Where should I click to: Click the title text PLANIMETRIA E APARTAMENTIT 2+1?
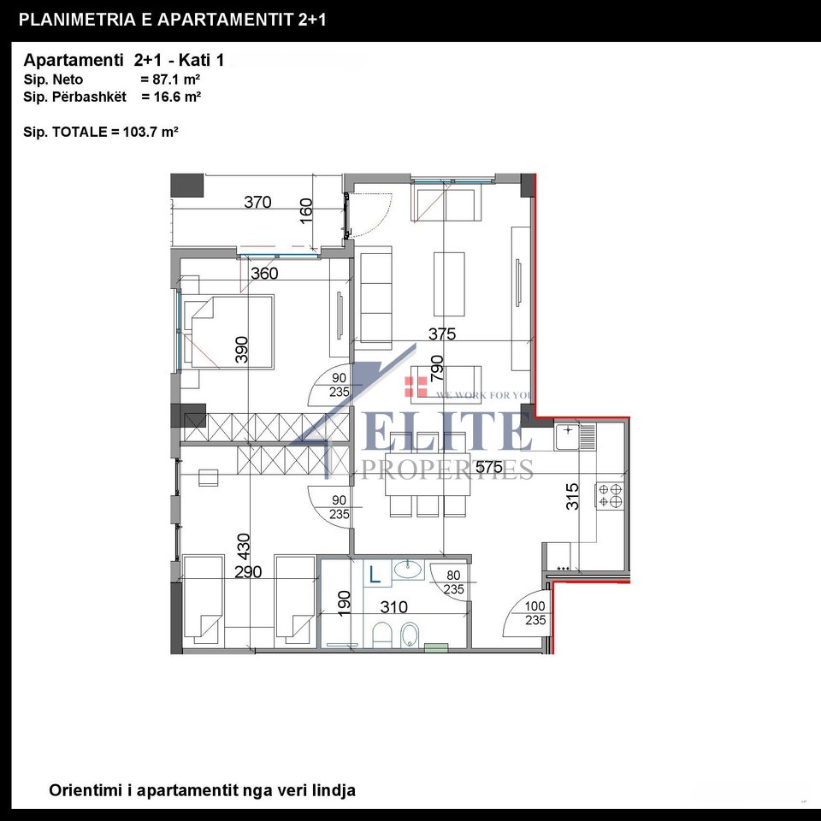(172, 19)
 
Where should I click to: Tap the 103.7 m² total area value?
(151, 132)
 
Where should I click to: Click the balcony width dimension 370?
(257, 203)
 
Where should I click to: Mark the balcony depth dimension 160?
(307, 210)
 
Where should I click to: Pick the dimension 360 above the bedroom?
(264, 274)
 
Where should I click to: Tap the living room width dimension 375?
(442, 334)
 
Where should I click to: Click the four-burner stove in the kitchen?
(610, 495)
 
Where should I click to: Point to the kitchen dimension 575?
(489, 468)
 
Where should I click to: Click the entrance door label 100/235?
(535, 613)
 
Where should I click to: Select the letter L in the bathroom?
(375, 576)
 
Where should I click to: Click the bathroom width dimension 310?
(393, 607)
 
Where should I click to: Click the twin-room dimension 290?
(248, 572)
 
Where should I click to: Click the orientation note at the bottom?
(202, 790)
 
